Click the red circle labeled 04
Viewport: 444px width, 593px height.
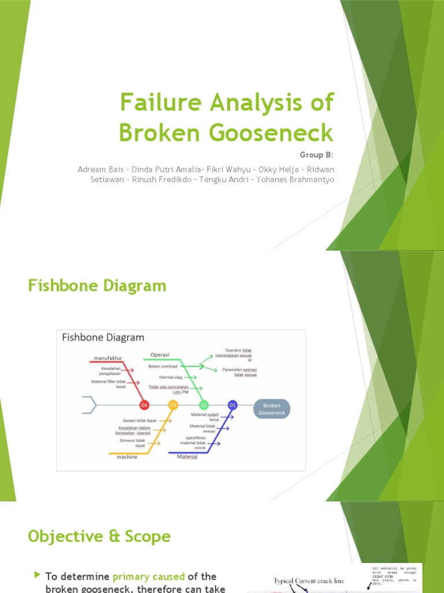(145, 405)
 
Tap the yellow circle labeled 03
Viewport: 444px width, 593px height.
(173, 405)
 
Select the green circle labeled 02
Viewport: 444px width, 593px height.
(203, 405)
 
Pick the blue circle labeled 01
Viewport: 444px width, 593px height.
(232, 405)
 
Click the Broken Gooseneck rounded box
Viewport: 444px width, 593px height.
(272, 409)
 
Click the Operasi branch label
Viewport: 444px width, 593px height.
(161, 354)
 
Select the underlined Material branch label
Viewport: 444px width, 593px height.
(187, 456)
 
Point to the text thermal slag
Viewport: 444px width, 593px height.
(171, 377)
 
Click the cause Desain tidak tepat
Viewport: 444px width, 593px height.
(140, 420)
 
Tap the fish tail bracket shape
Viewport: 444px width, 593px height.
(89, 405)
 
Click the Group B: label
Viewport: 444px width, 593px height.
(317, 155)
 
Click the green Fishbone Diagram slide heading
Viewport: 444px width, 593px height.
(97, 285)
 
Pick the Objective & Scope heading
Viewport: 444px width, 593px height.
(99, 536)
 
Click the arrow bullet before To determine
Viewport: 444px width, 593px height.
(38, 575)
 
